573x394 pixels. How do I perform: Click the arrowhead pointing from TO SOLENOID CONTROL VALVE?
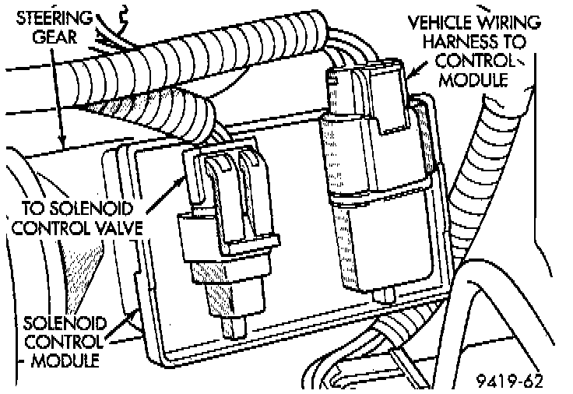188,173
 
